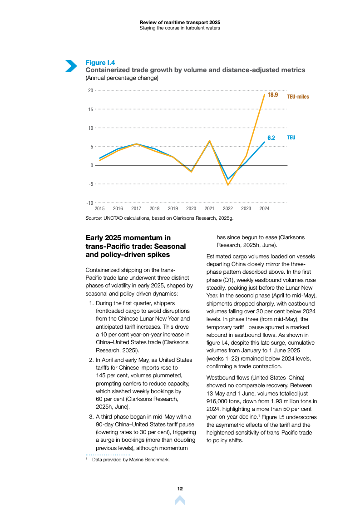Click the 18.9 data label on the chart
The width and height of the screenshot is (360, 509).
[x=272, y=95]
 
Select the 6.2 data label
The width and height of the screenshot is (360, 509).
[x=271, y=137]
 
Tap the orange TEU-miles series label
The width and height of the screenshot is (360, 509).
[x=298, y=97]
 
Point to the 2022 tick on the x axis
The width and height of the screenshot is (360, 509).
[x=228, y=208]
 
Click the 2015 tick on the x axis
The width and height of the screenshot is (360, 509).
[x=99, y=208]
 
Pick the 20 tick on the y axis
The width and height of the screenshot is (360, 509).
[x=90, y=90]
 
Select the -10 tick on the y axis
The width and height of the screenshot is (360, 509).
[x=90, y=203]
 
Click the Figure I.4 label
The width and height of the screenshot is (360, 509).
[x=100, y=63]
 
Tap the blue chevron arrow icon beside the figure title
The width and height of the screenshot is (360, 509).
[x=71, y=66]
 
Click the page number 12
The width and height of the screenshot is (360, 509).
[x=180, y=489]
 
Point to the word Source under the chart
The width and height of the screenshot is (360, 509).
[x=94, y=218]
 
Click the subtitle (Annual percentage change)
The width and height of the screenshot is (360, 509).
[x=122, y=78]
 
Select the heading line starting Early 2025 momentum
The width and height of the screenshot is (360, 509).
[x=128, y=237]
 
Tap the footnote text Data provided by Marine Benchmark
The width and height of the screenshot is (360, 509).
[x=131, y=460]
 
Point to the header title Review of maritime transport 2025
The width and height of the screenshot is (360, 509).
[x=180, y=22]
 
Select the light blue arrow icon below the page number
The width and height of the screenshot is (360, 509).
[x=180, y=500]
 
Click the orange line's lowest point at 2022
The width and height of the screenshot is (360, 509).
[x=228, y=185]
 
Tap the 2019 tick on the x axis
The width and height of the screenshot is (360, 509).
[x=173, y=208]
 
